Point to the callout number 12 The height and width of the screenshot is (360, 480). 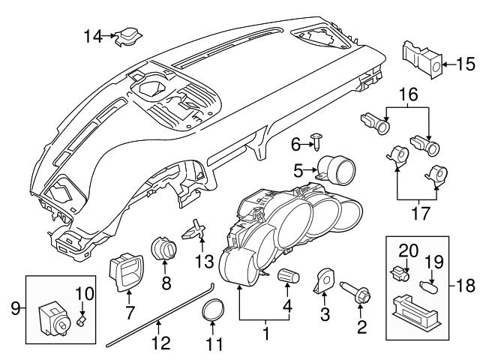coord(159,344)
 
